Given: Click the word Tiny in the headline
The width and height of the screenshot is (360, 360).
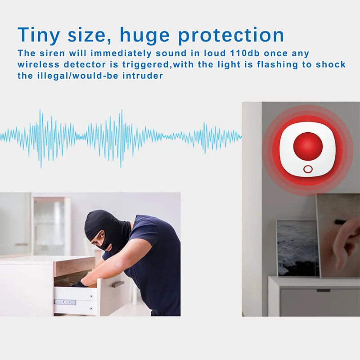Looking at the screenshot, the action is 39,35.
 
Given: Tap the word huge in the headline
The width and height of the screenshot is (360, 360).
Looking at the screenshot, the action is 144,36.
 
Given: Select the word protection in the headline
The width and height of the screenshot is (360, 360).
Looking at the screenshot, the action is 231,35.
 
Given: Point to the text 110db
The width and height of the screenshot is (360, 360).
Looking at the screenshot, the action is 245,53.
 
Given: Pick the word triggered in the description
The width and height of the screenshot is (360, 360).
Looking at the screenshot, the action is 145,64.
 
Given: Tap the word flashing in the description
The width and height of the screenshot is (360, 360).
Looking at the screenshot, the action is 278,64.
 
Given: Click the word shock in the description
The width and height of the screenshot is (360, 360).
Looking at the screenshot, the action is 331,64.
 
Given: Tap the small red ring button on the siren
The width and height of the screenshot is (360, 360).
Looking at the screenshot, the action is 308,170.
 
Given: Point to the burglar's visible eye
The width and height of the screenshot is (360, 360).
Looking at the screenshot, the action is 101,235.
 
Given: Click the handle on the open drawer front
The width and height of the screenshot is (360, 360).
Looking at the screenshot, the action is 118,284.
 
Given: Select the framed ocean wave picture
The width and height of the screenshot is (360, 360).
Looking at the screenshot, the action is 297,248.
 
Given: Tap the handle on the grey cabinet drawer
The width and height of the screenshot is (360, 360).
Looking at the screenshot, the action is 323,290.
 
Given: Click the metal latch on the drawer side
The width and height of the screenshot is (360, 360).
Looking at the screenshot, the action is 65,302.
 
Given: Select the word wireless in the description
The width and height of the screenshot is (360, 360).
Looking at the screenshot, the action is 39,64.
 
